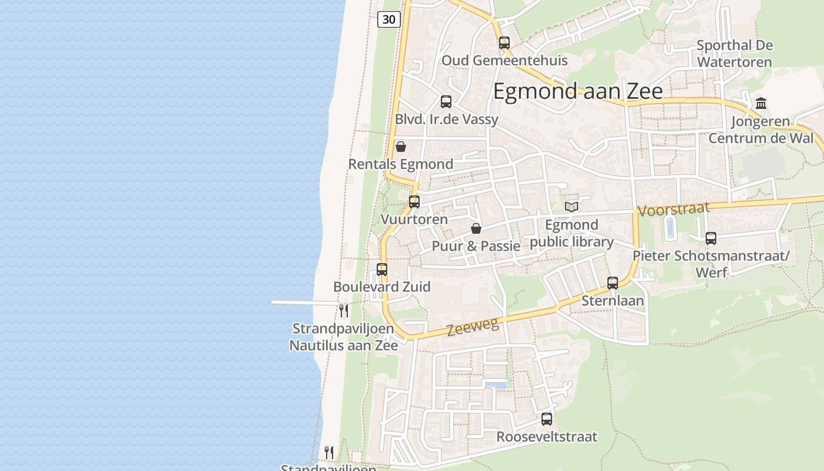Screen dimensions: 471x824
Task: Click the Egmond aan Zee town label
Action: coord(577,91)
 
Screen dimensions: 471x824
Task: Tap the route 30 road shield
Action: coord(388,19)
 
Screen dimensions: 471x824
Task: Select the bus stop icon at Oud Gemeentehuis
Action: coord(504,42)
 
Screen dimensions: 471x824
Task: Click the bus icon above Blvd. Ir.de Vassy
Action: coord(446,101)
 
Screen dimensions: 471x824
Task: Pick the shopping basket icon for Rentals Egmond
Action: coord(401,146)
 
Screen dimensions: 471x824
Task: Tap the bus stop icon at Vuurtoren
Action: coord(414,201)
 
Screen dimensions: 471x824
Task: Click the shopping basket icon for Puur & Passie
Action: coord(476,228)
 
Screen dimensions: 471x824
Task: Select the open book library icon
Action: coord(572,207)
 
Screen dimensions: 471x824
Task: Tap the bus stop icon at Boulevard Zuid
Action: coord(382,270)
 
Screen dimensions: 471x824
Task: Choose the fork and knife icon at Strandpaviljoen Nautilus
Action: coord(344,310)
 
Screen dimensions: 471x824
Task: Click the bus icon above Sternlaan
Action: coord(613,283)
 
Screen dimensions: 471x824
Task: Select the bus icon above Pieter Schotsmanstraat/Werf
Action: coord(711,238)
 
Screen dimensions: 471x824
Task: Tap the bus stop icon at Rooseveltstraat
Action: coord(547,419)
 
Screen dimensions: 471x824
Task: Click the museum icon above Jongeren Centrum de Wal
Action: coord(761,103)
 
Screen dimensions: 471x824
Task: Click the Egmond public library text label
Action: coord(572,233)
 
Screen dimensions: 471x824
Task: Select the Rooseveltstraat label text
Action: coord(547,437)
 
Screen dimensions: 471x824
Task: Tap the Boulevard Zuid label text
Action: coord(382,287)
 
